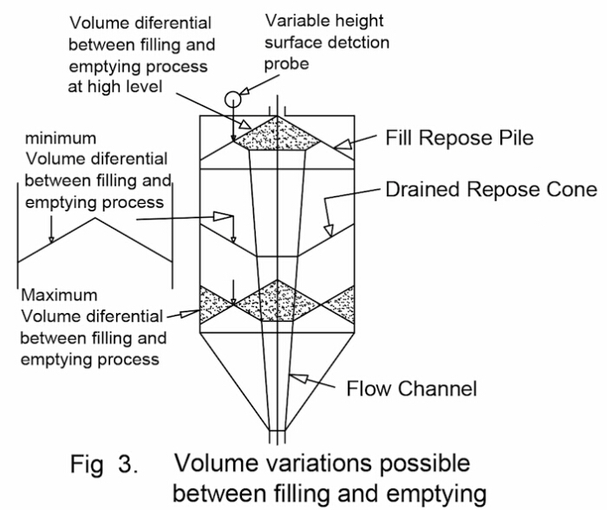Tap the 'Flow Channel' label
pos(411,388)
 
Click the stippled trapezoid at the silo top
pos(277,135)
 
